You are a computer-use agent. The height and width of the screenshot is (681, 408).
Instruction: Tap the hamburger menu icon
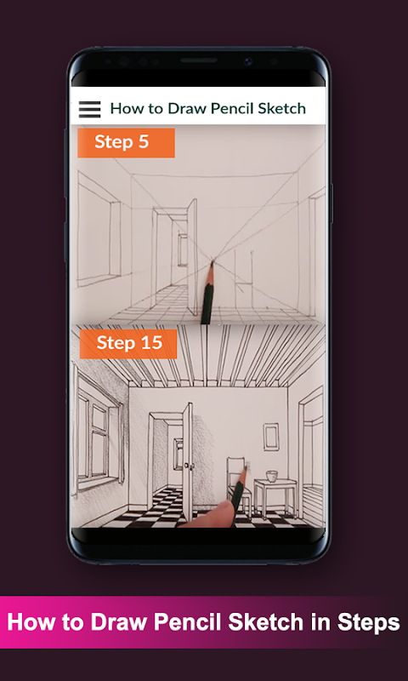pyautogui.click(x=89, y=110)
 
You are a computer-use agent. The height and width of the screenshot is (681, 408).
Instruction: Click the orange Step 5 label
pyautogui.click(x=126, y=142)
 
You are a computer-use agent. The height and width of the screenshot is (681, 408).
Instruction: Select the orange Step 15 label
pyautogui.click(x=128, y=344)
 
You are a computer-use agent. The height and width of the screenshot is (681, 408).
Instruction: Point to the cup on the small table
pyautogui.click(x=272, y=476)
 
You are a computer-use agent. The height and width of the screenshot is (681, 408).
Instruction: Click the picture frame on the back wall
pyautogui.click(x=271, y=437)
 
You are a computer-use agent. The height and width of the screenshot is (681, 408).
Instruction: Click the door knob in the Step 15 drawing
pyautogui.click(x=187, y=466)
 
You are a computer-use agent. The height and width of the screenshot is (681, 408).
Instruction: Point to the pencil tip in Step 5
pyautogui.click(x=212, y=262)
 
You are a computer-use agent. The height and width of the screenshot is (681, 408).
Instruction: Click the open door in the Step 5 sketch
pyautogui.click(x=192, y=257)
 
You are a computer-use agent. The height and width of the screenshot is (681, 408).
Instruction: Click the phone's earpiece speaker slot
pyautogui.click(x=199, y=60)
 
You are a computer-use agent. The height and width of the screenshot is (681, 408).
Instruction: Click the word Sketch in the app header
pyautogui.click(x=282, y=109)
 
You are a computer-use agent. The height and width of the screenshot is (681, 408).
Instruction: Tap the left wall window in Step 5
pyautogui.click(x=99, y=229)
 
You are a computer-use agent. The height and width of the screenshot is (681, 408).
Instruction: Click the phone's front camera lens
pyautogui.click(x=248, y=61)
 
